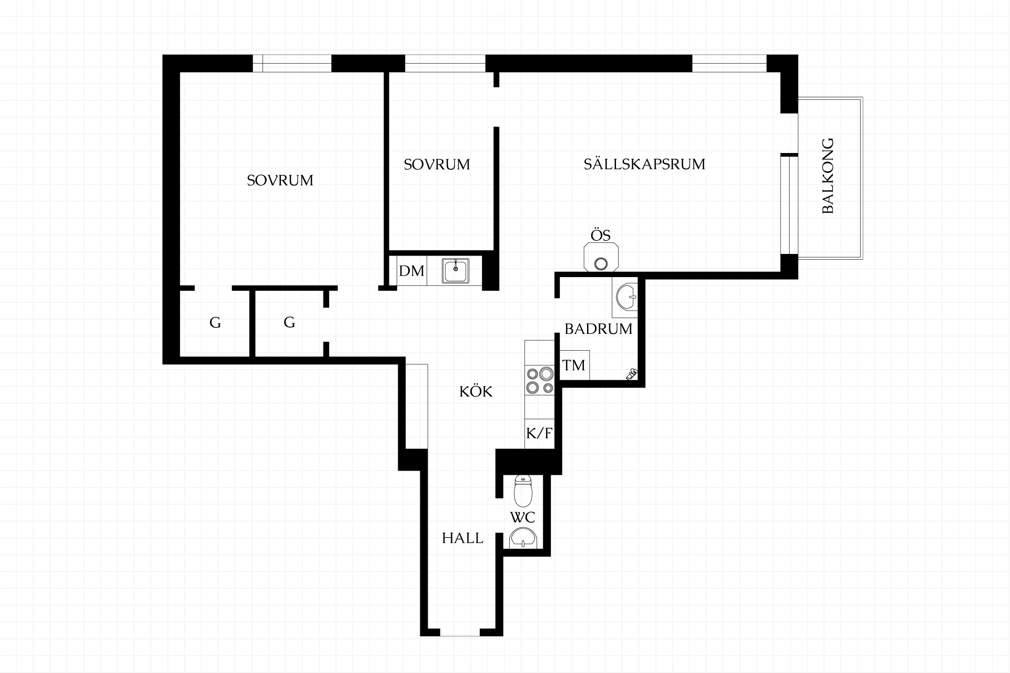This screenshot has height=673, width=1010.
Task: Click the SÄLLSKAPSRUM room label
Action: tap(644, 164)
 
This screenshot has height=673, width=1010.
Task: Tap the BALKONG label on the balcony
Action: tap(828, 176)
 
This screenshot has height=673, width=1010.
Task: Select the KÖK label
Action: tap(476, 391)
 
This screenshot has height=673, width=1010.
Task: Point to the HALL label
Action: tap(462, 538)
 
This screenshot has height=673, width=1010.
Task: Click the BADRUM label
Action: tap(598, 329)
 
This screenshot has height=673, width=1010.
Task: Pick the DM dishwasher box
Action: tap(411, 271)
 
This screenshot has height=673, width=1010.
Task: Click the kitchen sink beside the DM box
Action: tap(456, 271)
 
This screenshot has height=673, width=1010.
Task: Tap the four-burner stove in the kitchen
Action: tap(540, 381)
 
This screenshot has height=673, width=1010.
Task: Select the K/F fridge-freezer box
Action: tap(540, 433)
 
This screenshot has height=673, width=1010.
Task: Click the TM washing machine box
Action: tap(574, 365)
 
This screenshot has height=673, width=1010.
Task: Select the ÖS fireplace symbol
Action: tap(601, 258)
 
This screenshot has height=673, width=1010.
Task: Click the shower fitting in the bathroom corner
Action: tap(631, 374)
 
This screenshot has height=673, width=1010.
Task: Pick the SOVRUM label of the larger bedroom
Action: tap(280, 180)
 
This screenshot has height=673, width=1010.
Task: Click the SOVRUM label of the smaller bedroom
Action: tap(437, 165)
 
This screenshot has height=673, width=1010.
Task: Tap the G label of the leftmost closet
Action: tap(215, 322)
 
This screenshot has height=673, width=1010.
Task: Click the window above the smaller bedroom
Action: tap(445, 63)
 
